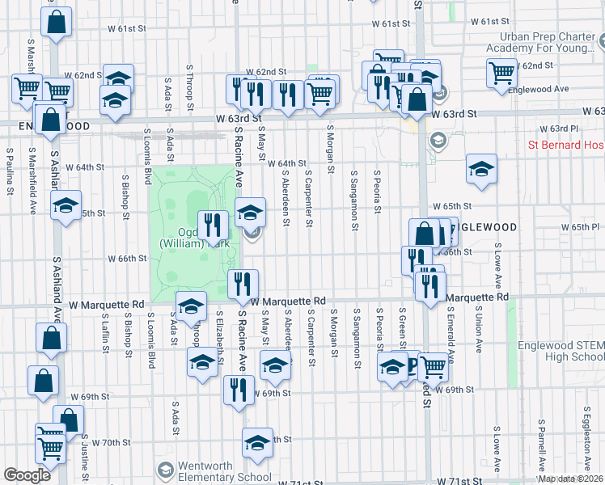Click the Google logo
pyautogui.click(x=27, y=475)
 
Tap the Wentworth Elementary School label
pyautogui.click(x=215, y=471)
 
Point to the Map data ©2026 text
pyautogui.click(x=571, y=479)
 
